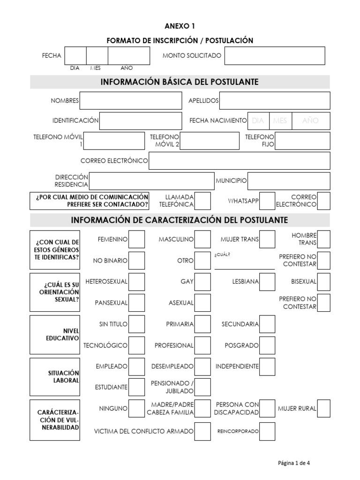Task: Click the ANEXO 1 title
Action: [x=180, y=26]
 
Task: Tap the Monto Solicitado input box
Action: [x=274, y=56]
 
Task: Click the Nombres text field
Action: [x=131, y=101]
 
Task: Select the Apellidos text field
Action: [x=274, y=101]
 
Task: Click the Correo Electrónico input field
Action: [x=239, y=161]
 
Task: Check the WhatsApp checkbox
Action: [x=267, y=201]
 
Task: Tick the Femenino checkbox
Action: [x=137, y=240]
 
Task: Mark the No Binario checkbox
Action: [x=137, y=261]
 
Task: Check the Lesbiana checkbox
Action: [x=267, y=282]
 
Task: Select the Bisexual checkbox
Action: [x=323, y=282]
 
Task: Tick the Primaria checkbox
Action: [x=202, y=324]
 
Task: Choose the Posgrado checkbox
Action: [x=267, y=345]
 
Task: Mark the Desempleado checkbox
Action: [x=202, y=366]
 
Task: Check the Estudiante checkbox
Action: [x=137, y=387]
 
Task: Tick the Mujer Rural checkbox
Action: [x=323, y=408]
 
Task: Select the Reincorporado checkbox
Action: [x=267, y=430]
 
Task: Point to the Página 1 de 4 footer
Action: [x=294, y=463]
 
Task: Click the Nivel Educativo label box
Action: [x=54, y=335]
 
